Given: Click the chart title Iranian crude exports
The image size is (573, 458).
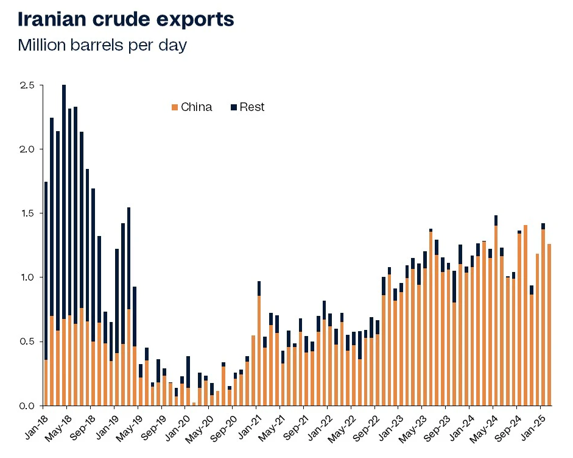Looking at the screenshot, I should coord(125,19).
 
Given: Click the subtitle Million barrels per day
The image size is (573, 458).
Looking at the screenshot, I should coord(102,45).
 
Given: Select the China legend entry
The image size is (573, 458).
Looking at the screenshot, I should coord(196,107).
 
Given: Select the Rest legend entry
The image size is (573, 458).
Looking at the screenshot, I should coord(252,107).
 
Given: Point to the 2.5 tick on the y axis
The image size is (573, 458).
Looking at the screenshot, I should coord(28,85).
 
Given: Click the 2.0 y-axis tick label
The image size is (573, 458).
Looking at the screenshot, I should coord(28,149).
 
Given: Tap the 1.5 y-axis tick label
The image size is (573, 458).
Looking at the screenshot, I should coord(28,213).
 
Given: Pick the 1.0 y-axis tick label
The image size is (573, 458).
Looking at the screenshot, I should coord(28,277).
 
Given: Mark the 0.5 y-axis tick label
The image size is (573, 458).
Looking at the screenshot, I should coord(28,341).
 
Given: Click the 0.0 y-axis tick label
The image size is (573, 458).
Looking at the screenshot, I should coord(28,405).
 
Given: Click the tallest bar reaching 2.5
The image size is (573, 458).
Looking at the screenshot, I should coord(64,244).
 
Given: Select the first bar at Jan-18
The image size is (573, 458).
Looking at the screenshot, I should coord(46,293).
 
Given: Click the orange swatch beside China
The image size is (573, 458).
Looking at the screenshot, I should coord(175,107).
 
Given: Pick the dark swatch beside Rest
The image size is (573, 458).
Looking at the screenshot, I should coord(234,107).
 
